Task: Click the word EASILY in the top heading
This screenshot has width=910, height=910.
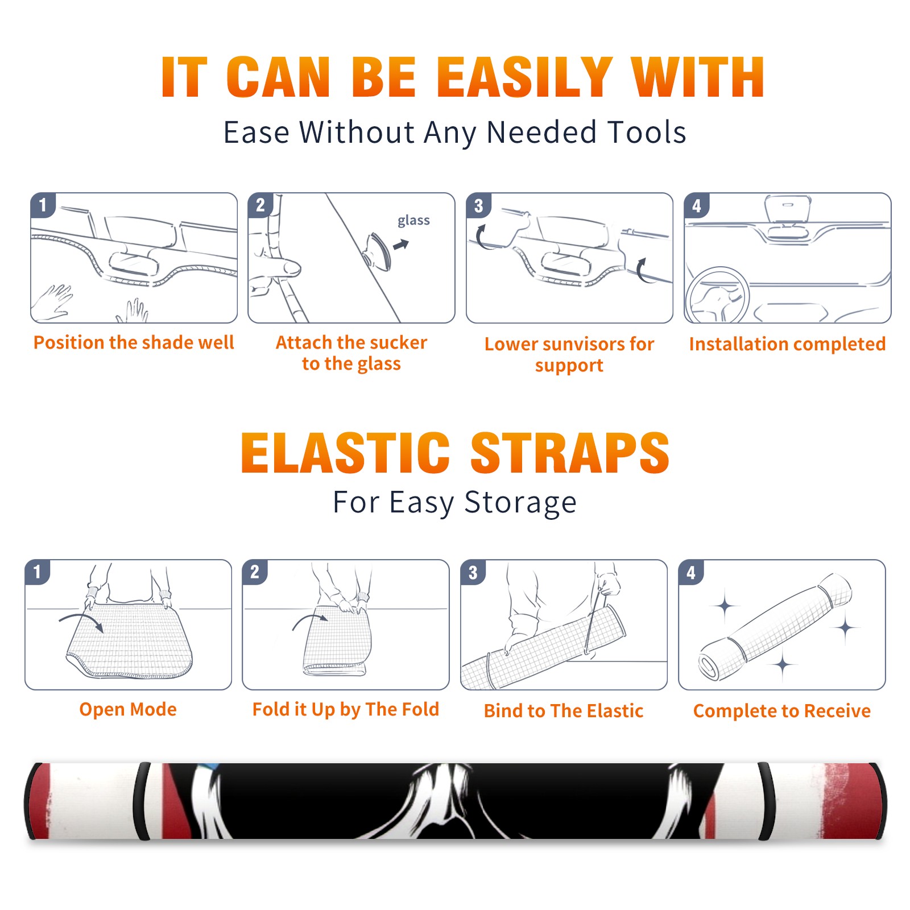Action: click(524, 78)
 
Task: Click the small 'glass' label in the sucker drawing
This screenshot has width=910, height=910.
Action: click(413, 221)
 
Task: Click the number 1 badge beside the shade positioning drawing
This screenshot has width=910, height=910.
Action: click(43, 205)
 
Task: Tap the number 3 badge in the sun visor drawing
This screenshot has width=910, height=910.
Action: click(478, 205)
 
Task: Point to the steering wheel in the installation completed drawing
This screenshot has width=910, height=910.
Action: click(717, 295)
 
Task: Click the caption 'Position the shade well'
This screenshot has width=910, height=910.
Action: click(134, 342)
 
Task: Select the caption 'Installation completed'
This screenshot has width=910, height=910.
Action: click(787, 344)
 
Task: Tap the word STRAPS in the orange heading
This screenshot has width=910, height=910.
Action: click(570, 453)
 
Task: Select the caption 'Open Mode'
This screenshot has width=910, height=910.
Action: click(128, 709)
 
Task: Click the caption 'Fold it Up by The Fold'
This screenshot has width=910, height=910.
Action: click(346, 710)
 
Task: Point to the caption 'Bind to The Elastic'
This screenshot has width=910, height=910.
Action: click(564, 711)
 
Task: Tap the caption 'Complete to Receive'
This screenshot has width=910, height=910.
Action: click(782, 711)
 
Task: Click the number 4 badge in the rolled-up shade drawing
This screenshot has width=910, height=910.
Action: click(691, 572)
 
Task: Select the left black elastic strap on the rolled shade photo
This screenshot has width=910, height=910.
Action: click(142, 801)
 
